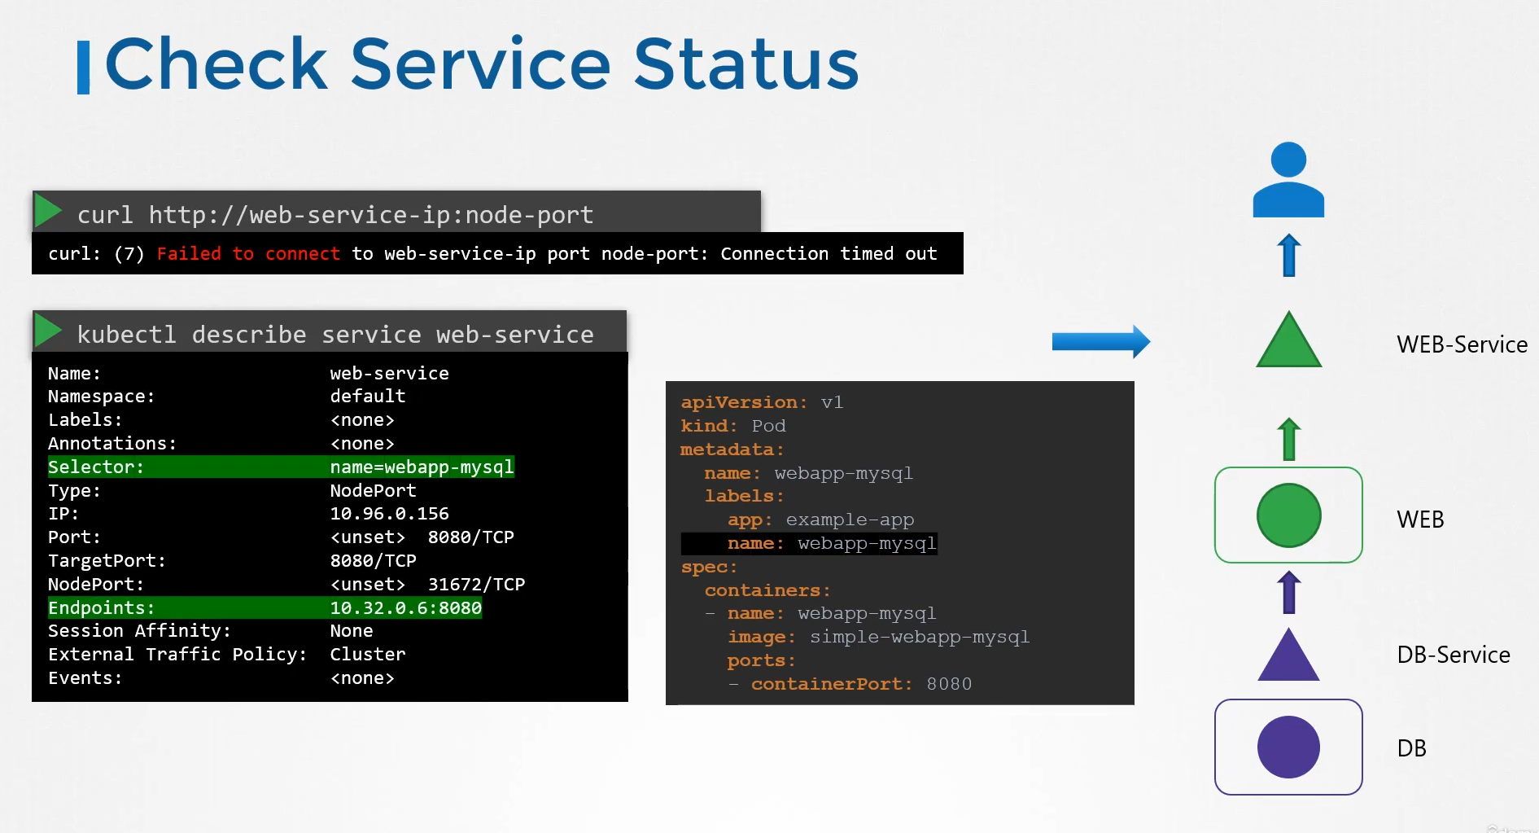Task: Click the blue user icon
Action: tap(1288, 180)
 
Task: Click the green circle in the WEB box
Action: tap(1288, 515)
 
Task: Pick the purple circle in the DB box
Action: tap(1288, 747)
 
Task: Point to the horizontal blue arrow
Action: tap(1101, 342)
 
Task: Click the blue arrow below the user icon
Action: tap(1288, 255)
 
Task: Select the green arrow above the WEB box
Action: tap(1288, 439)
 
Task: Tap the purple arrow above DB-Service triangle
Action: tap(1288, 592)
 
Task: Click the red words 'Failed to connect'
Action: tap(248, 254)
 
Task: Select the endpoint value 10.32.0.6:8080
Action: tap(405, 608)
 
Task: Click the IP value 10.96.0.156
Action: tap(389, 514)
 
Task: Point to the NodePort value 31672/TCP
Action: tap(476, 585)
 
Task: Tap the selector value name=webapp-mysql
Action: tap(422, 467)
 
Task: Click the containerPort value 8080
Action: tap(949, 684)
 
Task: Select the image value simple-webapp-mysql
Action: tap(920, 637)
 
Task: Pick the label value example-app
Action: tap(850, 520)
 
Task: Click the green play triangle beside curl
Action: tap(49, 211)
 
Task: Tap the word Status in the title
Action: tap(745, 64)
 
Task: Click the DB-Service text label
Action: tap(1454, 655)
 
